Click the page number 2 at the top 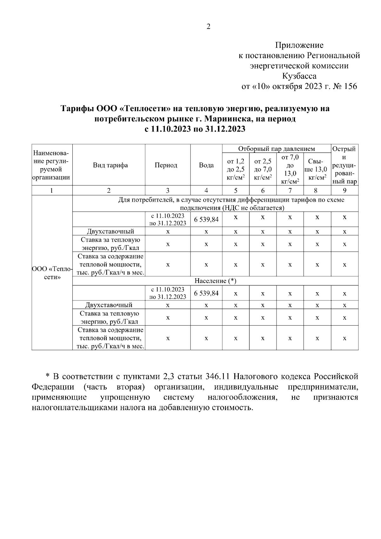click(x=208, y=27)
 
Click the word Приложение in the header click(x=299, y=45)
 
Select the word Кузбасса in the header click(x=299, y=76)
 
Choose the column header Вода click(x=206, y=165)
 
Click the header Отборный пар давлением click(x=276, y=149)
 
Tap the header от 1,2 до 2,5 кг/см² click(x=236, y=169)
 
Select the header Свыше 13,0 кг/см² click(x=317, y=169)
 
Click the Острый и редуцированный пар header click(x=344, y=165)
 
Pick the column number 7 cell click(x=290, y=191)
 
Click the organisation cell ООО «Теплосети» click(x=52, y=273)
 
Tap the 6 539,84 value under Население click(x=206, y=293)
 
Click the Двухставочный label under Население click(x=109, y=305)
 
